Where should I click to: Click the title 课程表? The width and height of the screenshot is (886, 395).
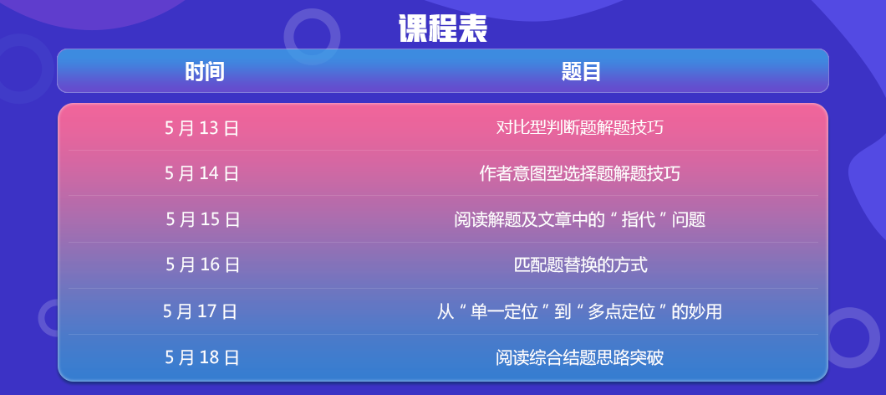(443, 28)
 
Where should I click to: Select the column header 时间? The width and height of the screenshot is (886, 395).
(205, 72)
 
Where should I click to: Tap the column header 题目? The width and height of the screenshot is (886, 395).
(581, 72)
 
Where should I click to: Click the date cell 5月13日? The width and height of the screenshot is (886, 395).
(201, 129)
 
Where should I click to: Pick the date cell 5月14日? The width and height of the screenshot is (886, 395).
(201, 173)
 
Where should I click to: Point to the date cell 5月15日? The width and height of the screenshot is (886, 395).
(203, 219)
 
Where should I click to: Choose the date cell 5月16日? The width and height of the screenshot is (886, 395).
(203, 264)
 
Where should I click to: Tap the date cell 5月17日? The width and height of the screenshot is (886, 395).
(200, 311)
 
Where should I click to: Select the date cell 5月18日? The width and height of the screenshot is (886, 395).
(202, 357)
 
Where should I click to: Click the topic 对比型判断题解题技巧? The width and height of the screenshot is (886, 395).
(580, 128)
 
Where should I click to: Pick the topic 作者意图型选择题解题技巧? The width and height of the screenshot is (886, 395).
(580, 173)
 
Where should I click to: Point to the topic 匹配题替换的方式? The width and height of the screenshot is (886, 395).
(581, 264)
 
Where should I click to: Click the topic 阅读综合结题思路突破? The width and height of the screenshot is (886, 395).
(580, 357)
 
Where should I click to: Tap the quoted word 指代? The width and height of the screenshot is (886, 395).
(642, 219)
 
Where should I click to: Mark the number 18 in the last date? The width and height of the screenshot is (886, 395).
(209, 357)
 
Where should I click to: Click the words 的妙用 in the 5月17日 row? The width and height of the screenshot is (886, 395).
(697, 311)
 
